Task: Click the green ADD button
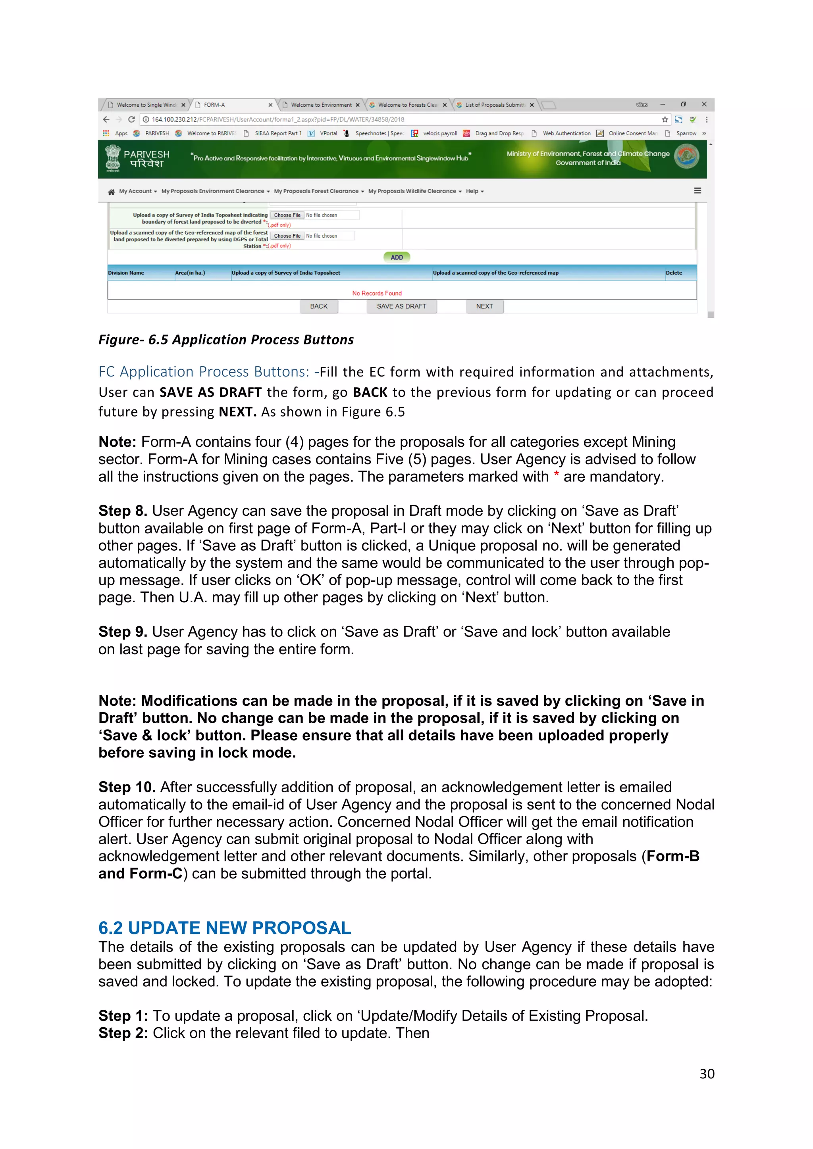pyautogui.click(x=397, y=257)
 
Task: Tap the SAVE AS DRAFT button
pyautogui.click(x=401, y=306)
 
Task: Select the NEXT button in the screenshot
pyautogui.click(x=484, y=306)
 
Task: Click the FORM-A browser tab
pyautogui.click(x=230, y=105)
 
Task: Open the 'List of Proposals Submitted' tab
pyautogui.click(x=494, y=105)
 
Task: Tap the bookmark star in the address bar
pyautogui.click(x=664, y=119)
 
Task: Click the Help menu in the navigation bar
pyautogui.click(x=474, y=191)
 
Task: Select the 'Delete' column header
pyautogui.click(x=673, y=273)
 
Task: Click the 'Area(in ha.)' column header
pyautogui.click(x=190, y=273)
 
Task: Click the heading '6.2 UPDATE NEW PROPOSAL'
pyautogui.click(x=224, y=928)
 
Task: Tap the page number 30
pyautogui.click(x=706, y=1074)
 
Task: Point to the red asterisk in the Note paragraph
pyautogui.click(x=556, y=475)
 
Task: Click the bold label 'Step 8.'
pyautogui.click(x=123, y=511)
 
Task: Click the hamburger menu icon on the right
pyautogui.click(x=697, y=191)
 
